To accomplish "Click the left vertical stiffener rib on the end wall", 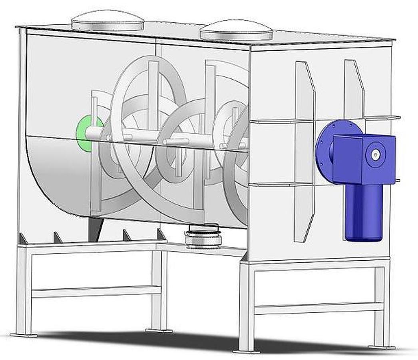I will pyautogui.click(x=304, y=152).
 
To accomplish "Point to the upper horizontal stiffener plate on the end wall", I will pyautogui.click(x=280, y=120).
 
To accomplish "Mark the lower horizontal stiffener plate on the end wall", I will pyautogui.click(x=280, y=184).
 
